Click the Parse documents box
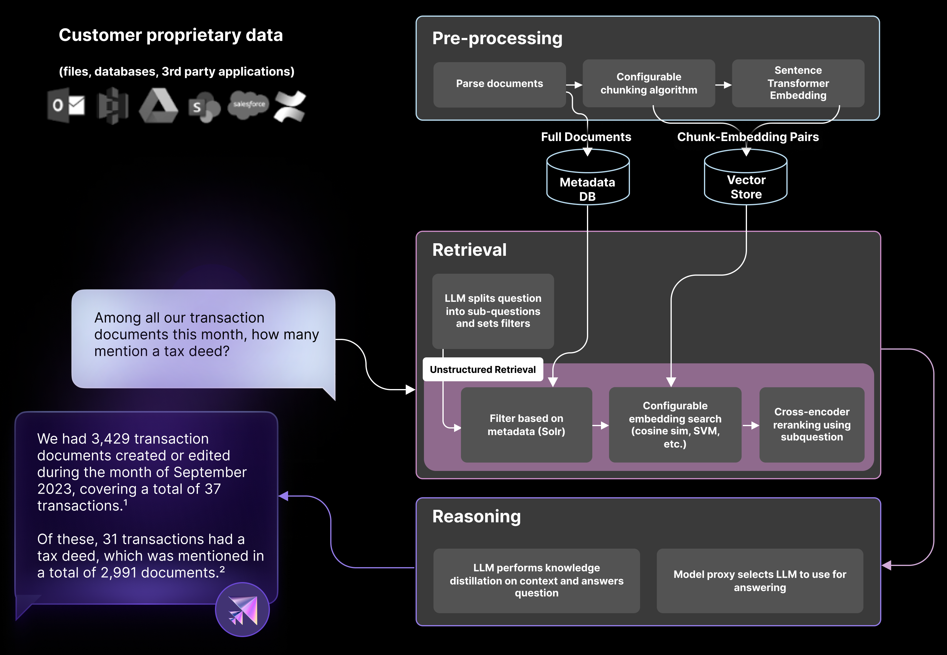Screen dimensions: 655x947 (499, 84)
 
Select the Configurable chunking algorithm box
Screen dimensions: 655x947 (648, 83)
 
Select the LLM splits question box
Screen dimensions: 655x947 (493, 311)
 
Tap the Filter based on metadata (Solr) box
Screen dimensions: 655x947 (526, 425)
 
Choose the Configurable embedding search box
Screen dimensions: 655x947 (675, 425)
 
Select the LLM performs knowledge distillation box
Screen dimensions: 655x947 (536, 580)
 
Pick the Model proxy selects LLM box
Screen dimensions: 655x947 (760, 580)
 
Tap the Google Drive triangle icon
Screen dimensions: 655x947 (159, 106)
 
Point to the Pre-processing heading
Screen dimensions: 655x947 (497, 38)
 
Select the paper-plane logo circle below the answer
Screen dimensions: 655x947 (242, 610)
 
